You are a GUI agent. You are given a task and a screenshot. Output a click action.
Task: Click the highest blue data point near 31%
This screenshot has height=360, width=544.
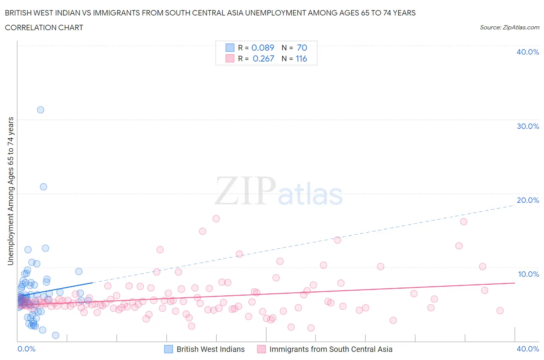(41, 110)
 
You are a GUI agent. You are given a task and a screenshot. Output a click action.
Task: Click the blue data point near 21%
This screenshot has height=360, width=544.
(44, 187)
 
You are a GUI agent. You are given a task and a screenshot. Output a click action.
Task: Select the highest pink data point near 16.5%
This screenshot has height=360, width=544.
(216, 219)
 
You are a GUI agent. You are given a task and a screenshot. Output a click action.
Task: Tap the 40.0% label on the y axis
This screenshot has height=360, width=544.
(528, 52)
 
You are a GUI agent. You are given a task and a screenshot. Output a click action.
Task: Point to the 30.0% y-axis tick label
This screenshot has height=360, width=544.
(528, 126)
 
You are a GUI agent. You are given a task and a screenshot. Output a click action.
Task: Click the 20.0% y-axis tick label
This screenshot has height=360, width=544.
(528, 200)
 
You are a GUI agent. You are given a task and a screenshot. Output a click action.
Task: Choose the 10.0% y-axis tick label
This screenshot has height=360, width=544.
(528, 274)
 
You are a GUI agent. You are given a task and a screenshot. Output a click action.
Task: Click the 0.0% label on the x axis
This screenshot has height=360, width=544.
(26, 349)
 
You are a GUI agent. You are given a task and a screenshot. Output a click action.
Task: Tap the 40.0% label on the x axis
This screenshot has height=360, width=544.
(528, 349)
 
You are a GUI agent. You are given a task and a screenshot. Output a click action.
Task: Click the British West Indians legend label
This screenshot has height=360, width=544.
(210, 349)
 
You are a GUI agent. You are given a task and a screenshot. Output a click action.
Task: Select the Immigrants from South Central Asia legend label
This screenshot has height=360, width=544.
(331, 349)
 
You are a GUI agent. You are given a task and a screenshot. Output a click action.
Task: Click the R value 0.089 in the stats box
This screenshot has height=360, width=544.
(263, 48)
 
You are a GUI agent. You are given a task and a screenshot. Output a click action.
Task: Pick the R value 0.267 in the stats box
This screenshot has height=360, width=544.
(263, 58)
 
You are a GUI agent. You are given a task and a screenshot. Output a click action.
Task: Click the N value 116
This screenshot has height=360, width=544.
(301, 58)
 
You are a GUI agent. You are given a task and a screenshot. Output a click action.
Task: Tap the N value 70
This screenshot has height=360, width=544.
(302, 48)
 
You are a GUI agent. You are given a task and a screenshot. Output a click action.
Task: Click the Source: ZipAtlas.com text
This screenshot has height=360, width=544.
(509, 27)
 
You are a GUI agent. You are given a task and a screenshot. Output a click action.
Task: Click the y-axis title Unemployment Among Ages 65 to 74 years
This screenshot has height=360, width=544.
(10, 191)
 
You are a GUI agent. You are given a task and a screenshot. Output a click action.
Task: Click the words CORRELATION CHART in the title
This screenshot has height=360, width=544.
(44, 27)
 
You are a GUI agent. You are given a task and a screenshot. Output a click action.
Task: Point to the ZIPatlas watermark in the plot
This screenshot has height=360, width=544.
(279, 191)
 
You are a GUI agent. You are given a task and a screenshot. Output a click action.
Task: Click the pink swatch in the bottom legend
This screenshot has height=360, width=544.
(262, 349)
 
